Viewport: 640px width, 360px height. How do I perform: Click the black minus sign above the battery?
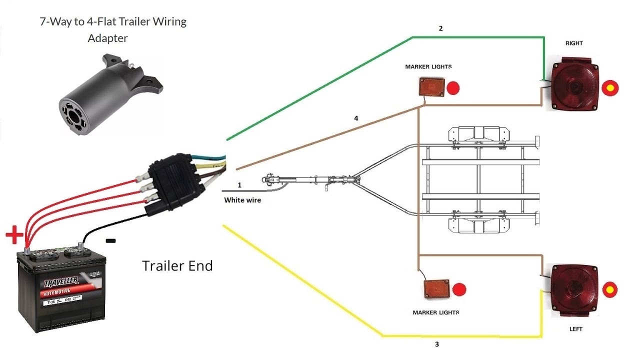(x=111, y=241)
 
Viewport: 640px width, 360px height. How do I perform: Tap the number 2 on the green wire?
(x=440, y=29)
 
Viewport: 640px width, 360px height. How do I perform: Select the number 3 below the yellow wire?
(x=436, y=344)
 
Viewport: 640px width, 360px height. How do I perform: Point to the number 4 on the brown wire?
(x=356, y=118)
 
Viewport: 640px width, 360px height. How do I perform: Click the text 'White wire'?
(x=242, y=200)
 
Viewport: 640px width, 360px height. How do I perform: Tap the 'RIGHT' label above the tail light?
(x=574, y=43)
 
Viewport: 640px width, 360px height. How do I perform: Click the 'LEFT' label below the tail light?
(x=575, y=329)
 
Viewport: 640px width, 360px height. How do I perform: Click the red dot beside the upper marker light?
(x=453, y=88)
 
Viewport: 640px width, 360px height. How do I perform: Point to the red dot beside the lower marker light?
(x=459, y=289)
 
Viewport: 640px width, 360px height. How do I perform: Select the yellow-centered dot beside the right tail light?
(x=610, y=88)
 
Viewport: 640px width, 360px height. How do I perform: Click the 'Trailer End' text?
(x=177, y=265)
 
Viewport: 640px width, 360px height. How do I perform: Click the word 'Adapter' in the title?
(x=108, y=38)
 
